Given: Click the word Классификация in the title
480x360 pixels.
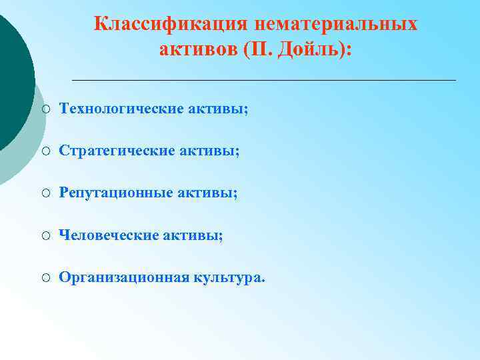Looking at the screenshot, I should pos(171,24).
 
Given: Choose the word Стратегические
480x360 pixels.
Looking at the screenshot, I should pos(117,151).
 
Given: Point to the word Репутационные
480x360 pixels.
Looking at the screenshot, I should pos(117,193).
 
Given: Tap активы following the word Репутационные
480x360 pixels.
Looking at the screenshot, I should pos(208,193).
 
